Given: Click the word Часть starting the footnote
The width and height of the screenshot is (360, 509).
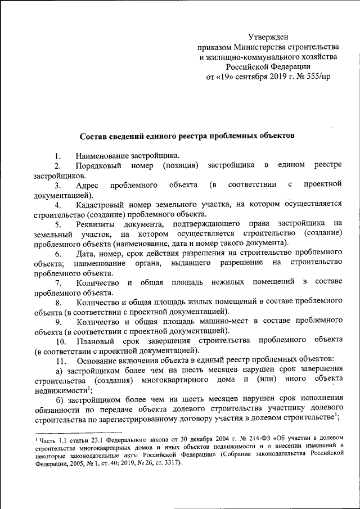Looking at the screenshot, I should tap(49, 438).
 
